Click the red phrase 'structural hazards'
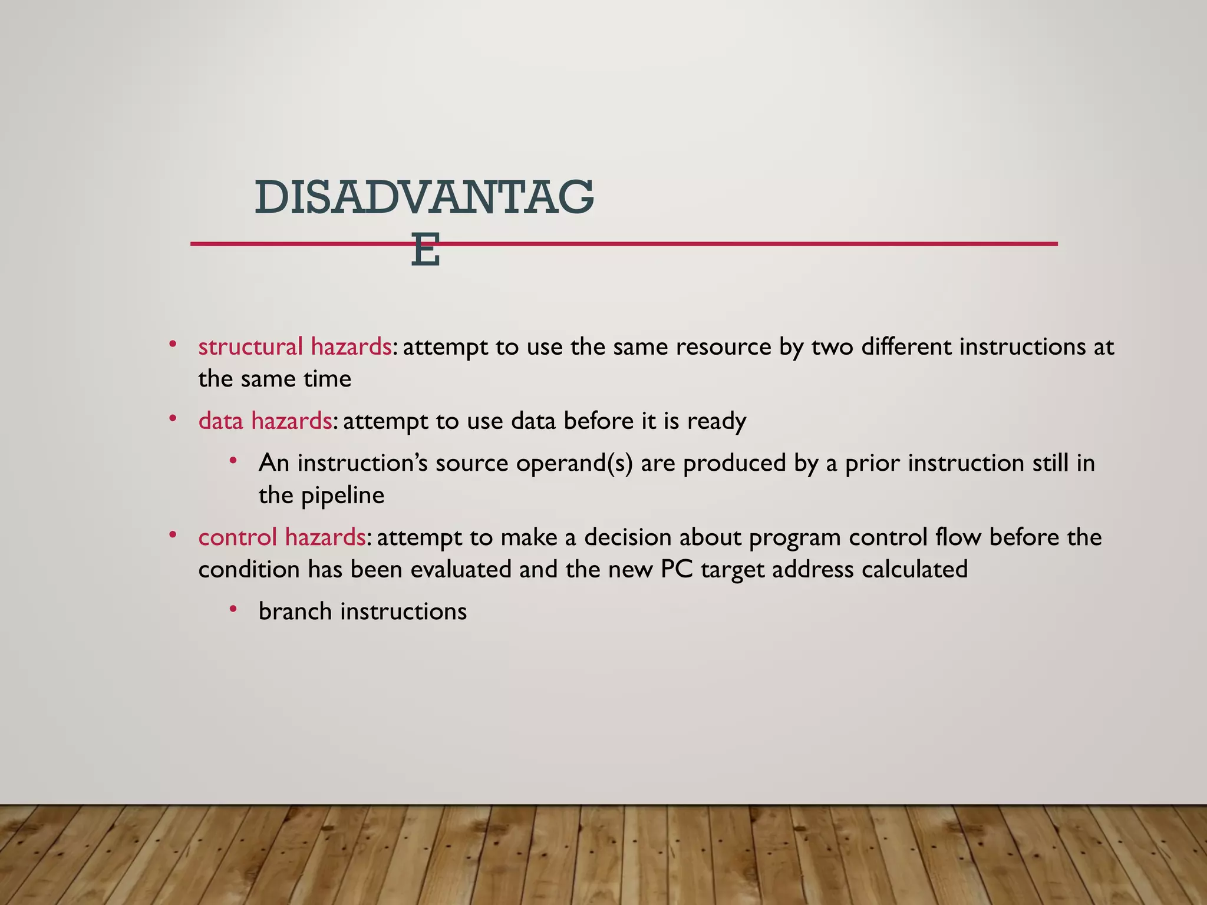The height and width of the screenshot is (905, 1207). click(295, 346)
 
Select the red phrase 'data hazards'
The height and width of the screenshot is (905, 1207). click(265, 421)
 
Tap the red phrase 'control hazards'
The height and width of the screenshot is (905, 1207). click(282, 537)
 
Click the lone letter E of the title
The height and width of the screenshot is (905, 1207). click(426, 250)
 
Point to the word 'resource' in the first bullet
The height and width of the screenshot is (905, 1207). click(724, 346)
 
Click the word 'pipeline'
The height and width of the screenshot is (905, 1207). click(342, 496)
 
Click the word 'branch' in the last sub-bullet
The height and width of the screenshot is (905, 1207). click(295, 612)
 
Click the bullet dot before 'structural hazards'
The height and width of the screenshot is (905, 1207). click(173, 344)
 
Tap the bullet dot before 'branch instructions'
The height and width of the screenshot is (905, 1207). click(233, 609)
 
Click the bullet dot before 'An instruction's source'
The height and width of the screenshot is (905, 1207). click(233, 460)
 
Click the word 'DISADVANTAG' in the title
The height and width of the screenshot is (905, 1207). click(424, 198)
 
